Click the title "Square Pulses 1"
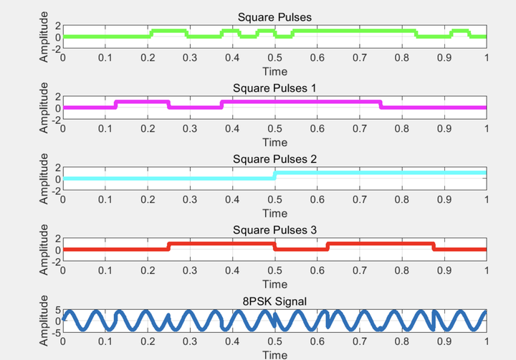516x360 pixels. [x=274, y=88]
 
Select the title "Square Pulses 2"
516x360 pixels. [x=274, y=159]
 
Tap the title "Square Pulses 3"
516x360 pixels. [x=274, y=230]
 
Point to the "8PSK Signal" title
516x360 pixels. [x=274, y=301]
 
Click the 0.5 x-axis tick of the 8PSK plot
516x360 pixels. [x=274, y=343]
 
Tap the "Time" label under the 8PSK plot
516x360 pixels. [x=274, y=354]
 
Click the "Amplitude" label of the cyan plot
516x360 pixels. [x=45, y=179]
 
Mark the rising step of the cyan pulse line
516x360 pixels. [x=274, y=176]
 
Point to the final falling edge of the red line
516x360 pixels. [x=434, y=247]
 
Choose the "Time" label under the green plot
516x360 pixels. [x=274, y=71]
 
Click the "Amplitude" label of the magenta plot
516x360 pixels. [x=45, y=108]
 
